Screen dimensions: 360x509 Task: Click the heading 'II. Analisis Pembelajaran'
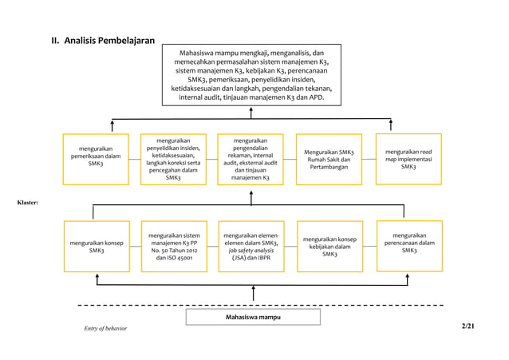click(103, 41)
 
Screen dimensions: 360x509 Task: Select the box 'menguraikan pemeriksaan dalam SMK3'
click(96, 156)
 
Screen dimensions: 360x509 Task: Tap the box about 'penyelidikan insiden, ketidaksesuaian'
click(173, 159)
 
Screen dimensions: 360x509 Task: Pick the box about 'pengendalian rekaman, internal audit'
click(251, 159)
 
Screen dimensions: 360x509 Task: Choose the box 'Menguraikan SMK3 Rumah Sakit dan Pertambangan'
click(329, 159)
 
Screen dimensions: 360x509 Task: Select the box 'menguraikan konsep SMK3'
click(96, 246)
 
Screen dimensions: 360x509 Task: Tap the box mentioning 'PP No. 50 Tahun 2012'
click(173, 246)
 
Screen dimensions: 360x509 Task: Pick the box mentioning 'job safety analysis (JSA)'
click(251, 246)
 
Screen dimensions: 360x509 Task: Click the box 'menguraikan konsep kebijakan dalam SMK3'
click(329, 246)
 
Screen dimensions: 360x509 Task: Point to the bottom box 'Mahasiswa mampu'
click(251, 317)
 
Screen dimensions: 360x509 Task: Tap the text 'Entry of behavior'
click(100, 329)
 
